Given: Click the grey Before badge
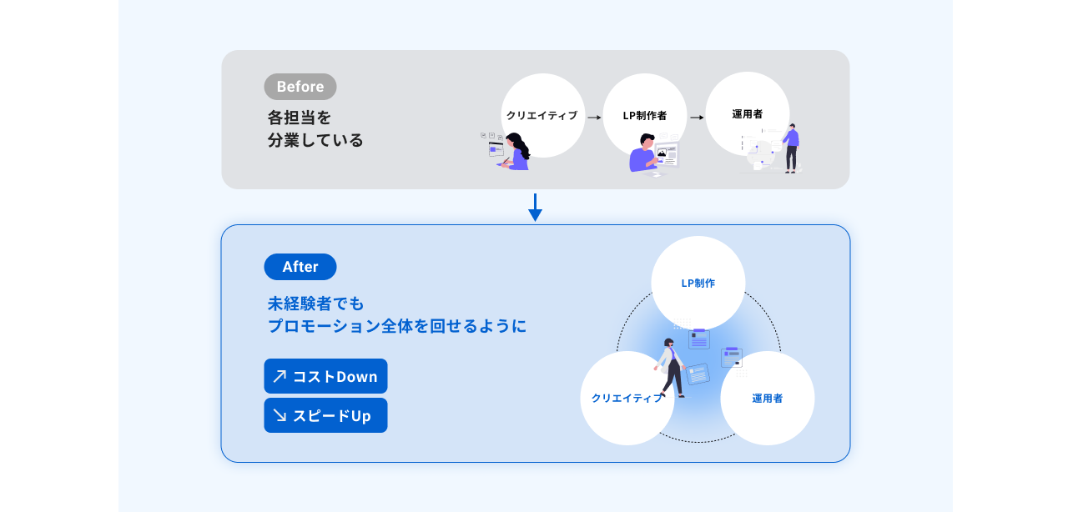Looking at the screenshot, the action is point(300,87).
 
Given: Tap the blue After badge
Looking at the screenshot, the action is point(300,267).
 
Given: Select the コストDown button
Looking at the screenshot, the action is point(325,376).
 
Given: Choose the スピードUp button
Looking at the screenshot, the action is point(325,415).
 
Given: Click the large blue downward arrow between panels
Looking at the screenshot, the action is point(535,208).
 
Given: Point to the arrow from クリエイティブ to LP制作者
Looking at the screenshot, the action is point(594,118).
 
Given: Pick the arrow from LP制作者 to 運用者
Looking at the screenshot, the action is point(697,118).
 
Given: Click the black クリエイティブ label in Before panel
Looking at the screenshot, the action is point(542,115).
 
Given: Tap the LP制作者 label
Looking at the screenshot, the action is point(645,115).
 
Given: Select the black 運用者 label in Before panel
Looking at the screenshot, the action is point(747,114).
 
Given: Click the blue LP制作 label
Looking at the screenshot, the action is point(698,284).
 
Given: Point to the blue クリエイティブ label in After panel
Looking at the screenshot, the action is point(627,398).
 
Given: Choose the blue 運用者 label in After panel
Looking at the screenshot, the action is point(767,399).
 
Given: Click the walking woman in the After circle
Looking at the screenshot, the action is point(671,368).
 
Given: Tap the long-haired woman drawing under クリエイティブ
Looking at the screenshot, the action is point(515,152).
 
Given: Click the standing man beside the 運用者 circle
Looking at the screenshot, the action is point(792,148).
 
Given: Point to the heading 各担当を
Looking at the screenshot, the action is point(299,118).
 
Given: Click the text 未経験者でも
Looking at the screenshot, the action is point(315,304).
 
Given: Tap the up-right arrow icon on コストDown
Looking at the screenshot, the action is point(280,376).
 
